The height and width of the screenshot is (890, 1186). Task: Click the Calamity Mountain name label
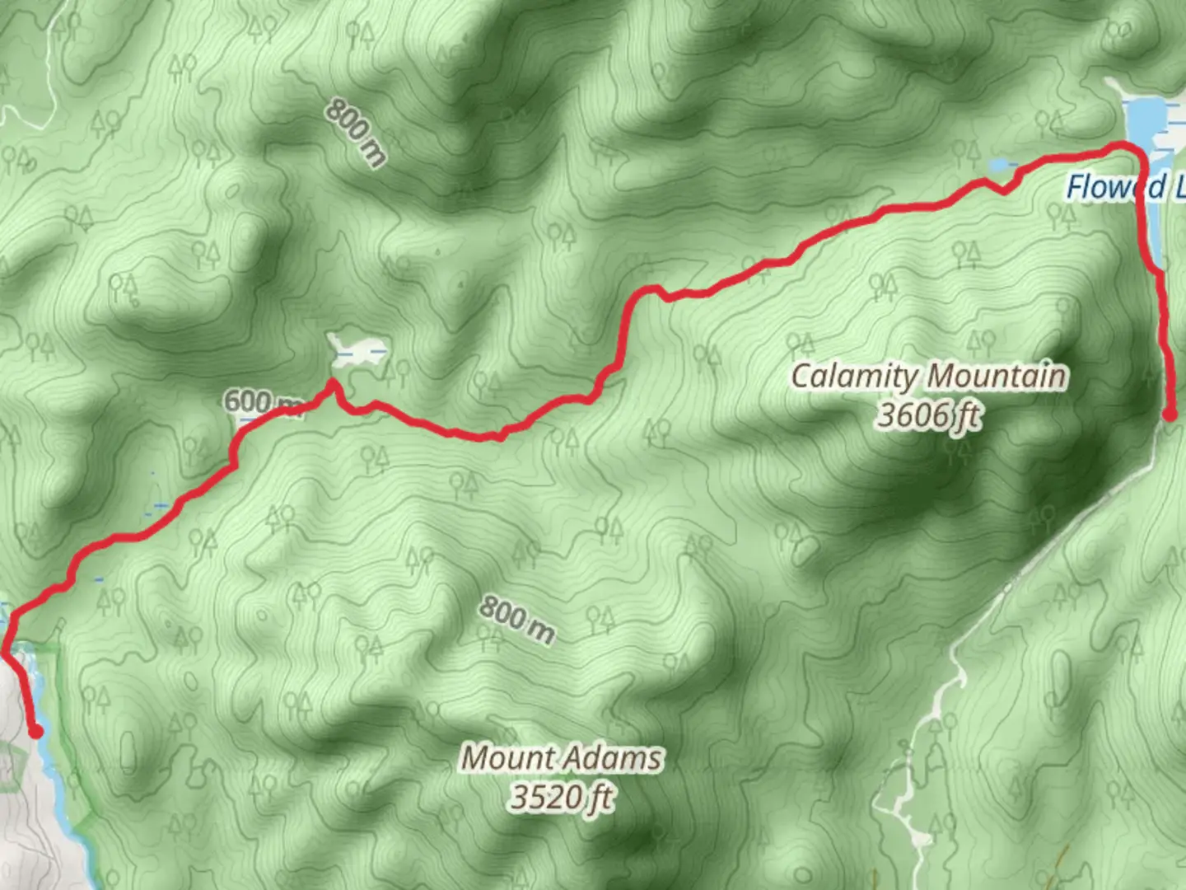(928, 377)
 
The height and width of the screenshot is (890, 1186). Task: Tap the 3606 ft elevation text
(928, 415)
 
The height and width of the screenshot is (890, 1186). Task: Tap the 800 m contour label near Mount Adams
(516, 620)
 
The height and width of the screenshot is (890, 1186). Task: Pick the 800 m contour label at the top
(355, 132)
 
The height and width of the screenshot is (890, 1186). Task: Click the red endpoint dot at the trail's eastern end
(1170, 415)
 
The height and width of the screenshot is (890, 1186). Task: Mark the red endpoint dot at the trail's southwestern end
(35, 731)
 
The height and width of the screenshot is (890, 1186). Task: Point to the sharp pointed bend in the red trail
(332, 382)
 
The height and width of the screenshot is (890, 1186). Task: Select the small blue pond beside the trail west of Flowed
(1001, 165)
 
